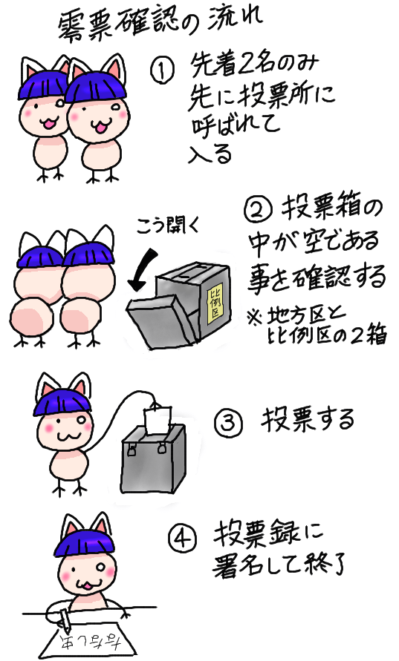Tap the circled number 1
pos(161,72)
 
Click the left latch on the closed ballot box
pos(132,447)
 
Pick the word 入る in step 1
pos(210,153)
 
